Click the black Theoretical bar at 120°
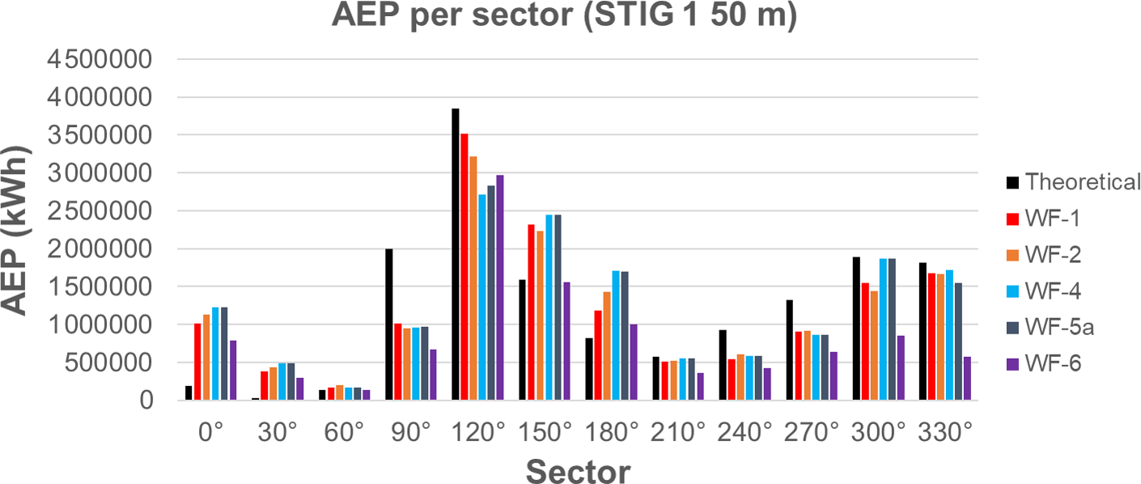456,254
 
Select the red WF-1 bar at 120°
464,267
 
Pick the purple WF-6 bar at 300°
900,367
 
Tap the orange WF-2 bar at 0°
206,357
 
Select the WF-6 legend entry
1053,365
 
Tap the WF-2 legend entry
1053,255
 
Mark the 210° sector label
680,433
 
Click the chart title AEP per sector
565,16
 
